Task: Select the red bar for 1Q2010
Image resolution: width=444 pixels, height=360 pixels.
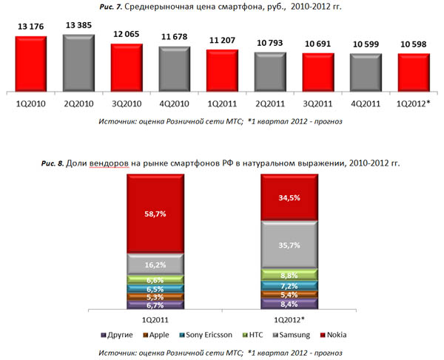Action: click(32, 63)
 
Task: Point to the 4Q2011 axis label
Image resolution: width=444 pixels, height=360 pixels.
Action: click(365, 104)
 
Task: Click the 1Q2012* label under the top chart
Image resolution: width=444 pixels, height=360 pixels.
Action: click(413, 104)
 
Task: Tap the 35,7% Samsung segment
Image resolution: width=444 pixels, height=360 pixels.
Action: click(289, 245)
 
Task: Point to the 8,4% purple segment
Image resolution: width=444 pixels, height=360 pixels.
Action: click(289, 303)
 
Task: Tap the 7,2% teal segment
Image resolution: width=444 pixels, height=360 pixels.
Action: click(289, 285)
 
